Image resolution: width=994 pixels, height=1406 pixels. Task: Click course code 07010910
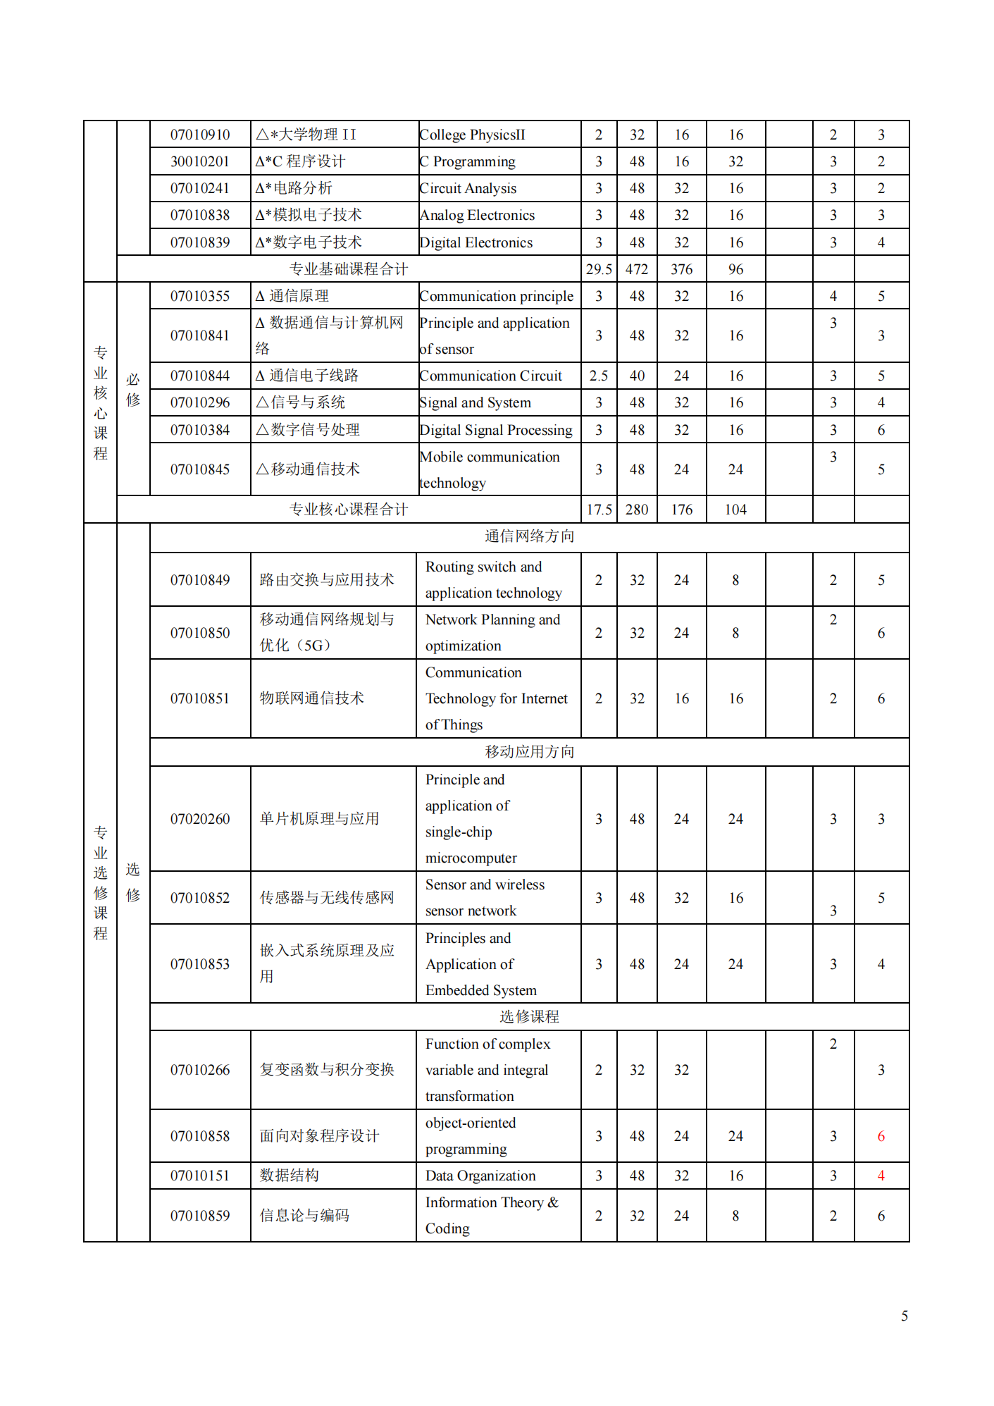pyautogui.click(x=200, y=135)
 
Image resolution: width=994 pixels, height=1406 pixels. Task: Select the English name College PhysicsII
pyautogui.click(x=472, y=135)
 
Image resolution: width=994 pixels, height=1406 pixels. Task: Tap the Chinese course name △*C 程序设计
pyautogui.click(x=301, y=161)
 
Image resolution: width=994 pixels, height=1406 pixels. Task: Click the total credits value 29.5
pyautogui.click(x=599, y=269)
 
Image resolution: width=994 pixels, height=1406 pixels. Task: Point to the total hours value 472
pyautogui.click(x=637, y=269)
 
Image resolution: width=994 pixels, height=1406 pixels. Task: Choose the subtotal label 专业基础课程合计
pyautogui.click(x=349, y=269)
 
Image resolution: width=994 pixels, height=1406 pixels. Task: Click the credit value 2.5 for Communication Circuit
pyautogui.click(x=599, y=376)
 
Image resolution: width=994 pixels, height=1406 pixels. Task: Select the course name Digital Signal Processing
pyautogui.click(x=496, y=430)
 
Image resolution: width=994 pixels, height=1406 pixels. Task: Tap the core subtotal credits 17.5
pyautogui.click(x=599, y=510)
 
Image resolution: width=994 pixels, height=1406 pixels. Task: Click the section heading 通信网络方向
pyautogui.click(x=529, y=536)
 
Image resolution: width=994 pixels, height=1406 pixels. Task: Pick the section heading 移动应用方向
pyautogui.click(x=529, y=752)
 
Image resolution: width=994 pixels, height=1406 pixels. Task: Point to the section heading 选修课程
pyautogui.click(x=529, y=1016)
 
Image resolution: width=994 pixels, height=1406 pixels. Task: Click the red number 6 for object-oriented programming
pyautogui.click(x=881, y=1136)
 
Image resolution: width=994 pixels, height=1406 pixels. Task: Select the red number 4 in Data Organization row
pyautogui.click(x=881, y=1176)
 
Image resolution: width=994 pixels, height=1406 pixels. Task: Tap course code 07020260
pyautogui.click(x=200, y=819)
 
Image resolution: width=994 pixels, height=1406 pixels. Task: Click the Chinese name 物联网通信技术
pyautogui.click(x=311, y=698)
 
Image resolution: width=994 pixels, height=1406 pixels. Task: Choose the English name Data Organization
pyautogui.click(x=480, y=1176)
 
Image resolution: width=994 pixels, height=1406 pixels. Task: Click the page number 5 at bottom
pyautogui.click(x=905, y=1316)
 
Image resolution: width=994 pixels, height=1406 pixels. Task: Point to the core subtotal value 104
pyautogui.click(x=735, y=510)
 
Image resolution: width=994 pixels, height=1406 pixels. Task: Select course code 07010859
pyautogui.click(x=200, y=1216)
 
